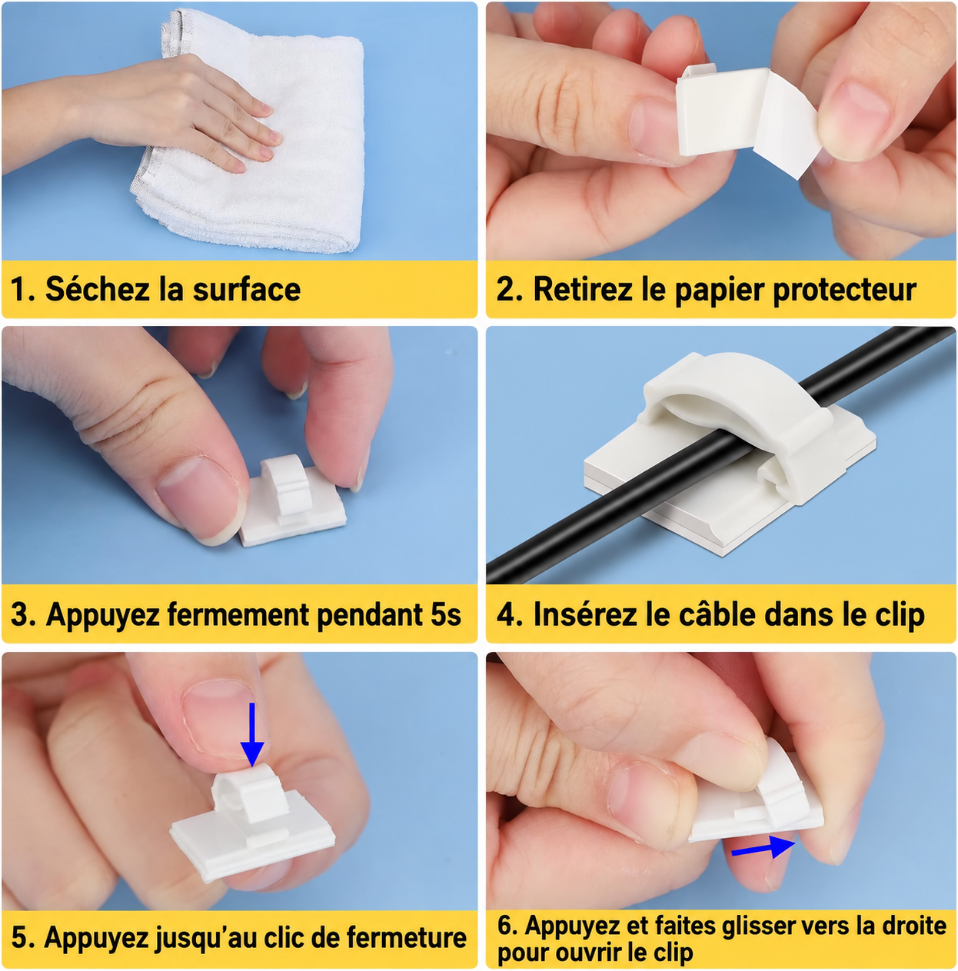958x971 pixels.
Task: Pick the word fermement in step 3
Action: (x=239, y=615)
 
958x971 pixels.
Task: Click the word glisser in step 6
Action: (x=757, y=926)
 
